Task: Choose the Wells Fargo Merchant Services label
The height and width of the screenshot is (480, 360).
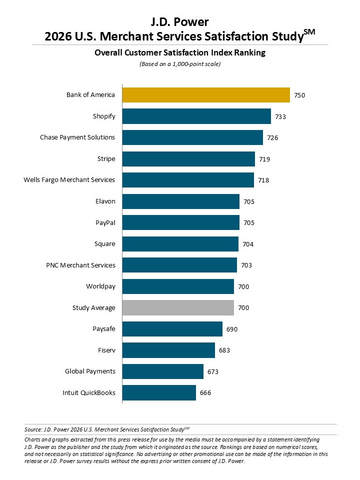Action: [x=70, y=180]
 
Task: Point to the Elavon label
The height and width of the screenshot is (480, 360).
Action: [x=102, y=201]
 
